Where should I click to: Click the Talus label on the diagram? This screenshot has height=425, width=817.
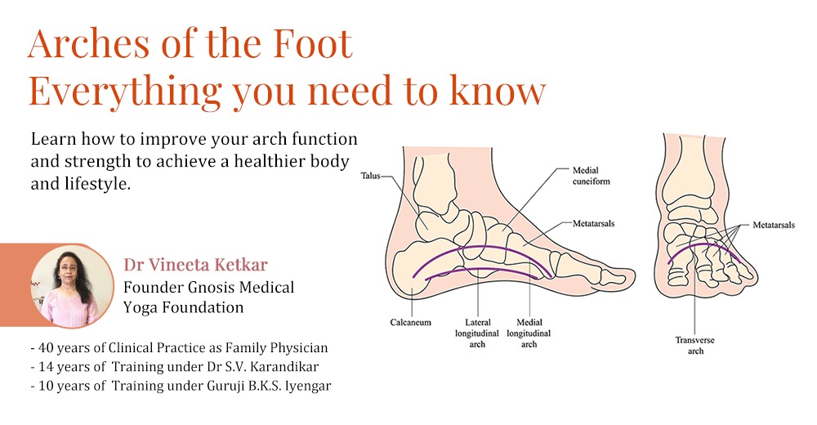pos(370,176)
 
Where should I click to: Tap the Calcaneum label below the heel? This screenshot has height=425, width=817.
pos(411,322)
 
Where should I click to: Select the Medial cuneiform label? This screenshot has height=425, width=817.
pos(591,176)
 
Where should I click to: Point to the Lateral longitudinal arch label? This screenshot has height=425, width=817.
pos(477,333)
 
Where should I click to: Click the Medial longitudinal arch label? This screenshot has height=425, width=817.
pos(529,333)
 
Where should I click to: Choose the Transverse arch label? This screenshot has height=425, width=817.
pos(695,345)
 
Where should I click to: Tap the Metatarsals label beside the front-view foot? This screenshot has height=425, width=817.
pos(774,226)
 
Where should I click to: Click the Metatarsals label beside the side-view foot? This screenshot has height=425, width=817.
pos(593,224)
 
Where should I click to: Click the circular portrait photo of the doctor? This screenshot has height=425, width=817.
pos(72,286)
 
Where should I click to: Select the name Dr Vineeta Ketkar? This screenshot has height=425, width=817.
pos(195,265)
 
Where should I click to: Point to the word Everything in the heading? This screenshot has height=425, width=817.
pos(125,92)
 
